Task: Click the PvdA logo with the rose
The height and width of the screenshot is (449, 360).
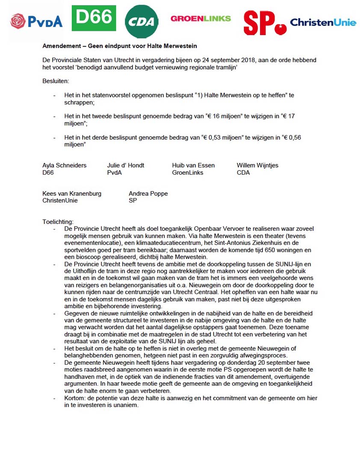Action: click(x=36, y=21)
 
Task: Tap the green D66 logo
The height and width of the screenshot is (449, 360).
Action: click(x=94, y=18)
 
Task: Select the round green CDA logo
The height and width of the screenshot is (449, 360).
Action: click(x=142, y=22)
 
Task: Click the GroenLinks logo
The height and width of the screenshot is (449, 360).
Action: click(x=201, y=18)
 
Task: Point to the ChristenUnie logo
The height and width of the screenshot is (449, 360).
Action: click(x=323, y=22)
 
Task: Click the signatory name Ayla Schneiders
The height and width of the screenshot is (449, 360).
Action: click(x=64, y=165)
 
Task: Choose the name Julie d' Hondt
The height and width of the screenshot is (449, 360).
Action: click(x=126, y=165)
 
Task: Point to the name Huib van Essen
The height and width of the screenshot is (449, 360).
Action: click(x=193, y=165)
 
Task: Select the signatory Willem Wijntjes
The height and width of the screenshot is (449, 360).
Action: click(x=257, y=165)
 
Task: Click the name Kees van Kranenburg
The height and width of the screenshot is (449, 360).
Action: click(x=72, y=193)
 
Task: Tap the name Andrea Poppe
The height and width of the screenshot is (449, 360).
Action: click(x=148, y=193)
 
